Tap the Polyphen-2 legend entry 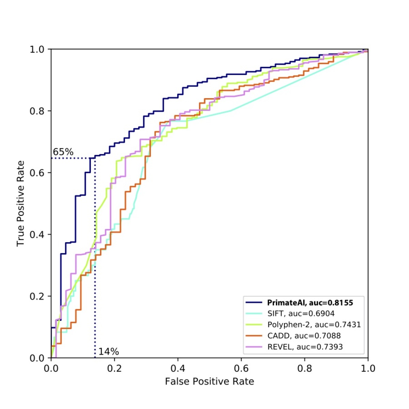(x=314, y=325)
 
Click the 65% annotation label (x=63, y=152)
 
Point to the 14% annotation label (x=108, y=351)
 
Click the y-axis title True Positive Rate (x=21, y=203)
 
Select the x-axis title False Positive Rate (x=209, y=381)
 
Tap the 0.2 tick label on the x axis (x=114, y=368)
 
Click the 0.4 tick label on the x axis (x=178, y=368)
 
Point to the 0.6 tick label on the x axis (x=241, y=368)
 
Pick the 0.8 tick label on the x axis (x=305, y=368)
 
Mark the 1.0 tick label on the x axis (x=368, y=368)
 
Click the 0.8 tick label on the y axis (x=37, y=111)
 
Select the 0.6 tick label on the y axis (x=37, y=173)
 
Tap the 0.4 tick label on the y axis (x=37, y=234)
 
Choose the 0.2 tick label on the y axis (x=37, y=296)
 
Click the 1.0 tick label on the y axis (x=37, y=49)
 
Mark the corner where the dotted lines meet (x=95, y=158)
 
